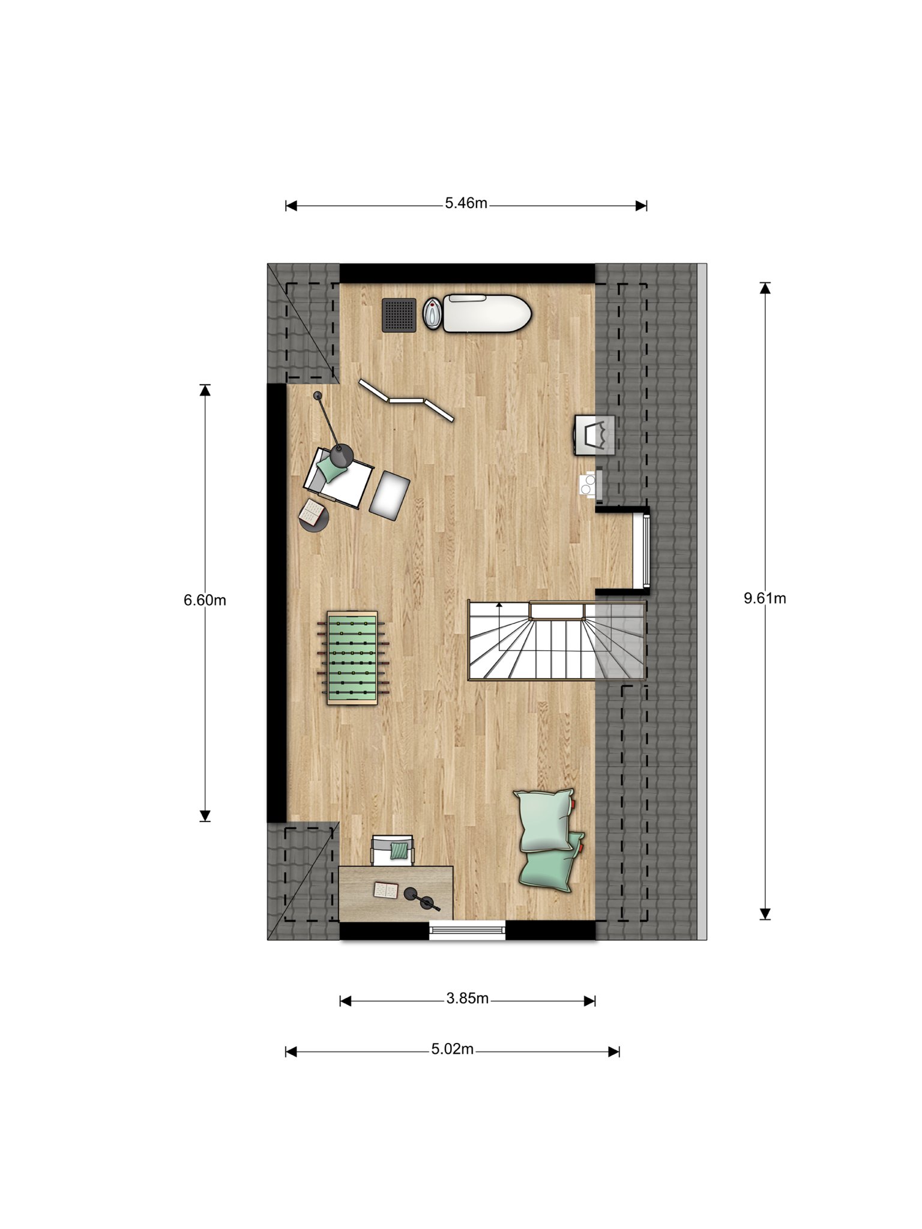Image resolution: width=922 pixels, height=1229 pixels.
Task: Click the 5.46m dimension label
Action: coord(466,203)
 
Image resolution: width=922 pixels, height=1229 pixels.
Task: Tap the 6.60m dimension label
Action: coord(205,600)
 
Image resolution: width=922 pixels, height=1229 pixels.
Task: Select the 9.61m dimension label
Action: coord(765,598)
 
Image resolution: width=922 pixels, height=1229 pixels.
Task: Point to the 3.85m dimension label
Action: coord(467,999)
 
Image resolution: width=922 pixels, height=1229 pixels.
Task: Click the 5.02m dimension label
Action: coord(452,1050)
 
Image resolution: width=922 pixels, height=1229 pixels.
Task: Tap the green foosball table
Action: coord(352,658)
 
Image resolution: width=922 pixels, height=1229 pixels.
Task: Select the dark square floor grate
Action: coord(399,314)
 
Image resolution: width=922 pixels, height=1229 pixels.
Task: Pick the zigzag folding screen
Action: coord(406,400)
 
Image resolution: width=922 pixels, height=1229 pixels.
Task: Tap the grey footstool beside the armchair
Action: coord(389,494)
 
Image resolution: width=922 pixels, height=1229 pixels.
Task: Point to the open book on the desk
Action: coord(385,890)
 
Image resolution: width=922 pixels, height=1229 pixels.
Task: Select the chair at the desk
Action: coord(393,850)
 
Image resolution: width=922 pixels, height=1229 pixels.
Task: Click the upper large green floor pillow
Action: coord(544,820)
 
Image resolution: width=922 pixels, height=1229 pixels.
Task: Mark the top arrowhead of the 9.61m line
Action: coord(765,288)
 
